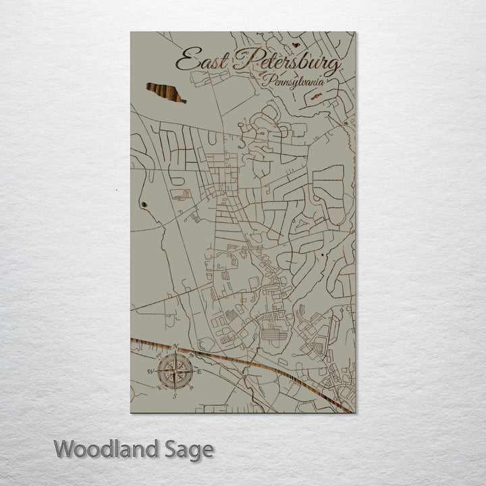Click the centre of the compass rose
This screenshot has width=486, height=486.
(x=175, y=370)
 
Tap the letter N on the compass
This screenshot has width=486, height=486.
(x=175, y=347)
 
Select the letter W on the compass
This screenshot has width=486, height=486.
(x=149, y=371)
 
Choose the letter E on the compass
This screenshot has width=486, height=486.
(x=200, y=371)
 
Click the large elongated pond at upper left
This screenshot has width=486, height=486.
(x=165, y=92)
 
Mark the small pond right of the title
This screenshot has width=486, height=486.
(x=296, y=46)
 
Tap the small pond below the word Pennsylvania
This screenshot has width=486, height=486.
(x=316, y=97)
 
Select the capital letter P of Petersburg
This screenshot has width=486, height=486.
(x=240, y=61)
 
